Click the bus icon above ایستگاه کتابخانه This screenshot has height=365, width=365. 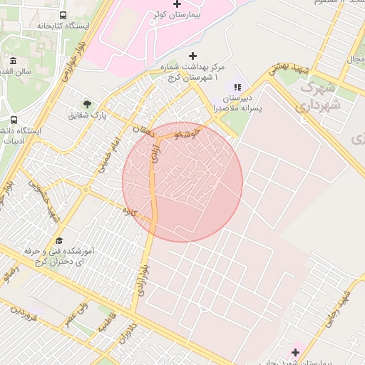click(x=63, y=15)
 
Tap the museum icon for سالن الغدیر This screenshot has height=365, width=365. click(x=14, y=61)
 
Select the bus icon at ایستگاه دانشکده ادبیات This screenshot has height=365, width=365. click(x=14, y=120)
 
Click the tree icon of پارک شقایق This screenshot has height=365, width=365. click(x=87, y=103)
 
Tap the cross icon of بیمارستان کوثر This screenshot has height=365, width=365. click(x=178, y=4)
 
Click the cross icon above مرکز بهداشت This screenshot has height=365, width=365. click(x=192, y=56)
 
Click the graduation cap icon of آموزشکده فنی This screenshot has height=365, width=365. click(x=59, y=240)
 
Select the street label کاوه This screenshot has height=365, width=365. click(x=129, y=211)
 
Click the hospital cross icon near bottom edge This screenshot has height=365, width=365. click(x=295, y=352)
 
